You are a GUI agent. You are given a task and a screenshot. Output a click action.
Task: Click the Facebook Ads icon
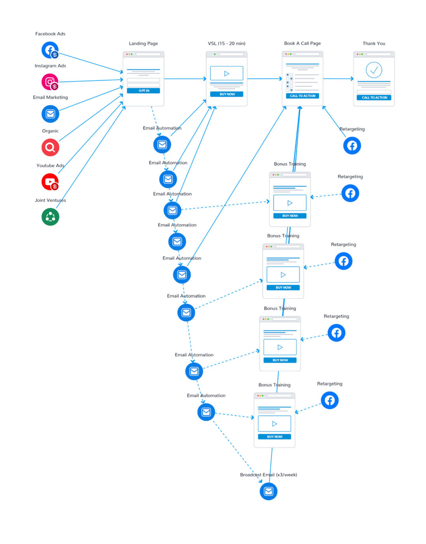[50, 50]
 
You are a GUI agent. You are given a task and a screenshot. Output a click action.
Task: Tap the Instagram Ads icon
[50, 82]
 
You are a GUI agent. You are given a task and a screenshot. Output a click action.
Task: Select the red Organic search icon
[50, 147]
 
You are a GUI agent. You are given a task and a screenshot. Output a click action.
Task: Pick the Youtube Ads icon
[50, 182]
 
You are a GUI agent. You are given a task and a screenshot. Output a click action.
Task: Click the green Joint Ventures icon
[50, 217]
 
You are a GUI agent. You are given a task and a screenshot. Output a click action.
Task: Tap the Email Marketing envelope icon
[50, 114]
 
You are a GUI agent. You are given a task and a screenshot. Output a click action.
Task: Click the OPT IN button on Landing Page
[143, 91]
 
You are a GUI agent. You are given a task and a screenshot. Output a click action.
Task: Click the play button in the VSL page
[227, 73]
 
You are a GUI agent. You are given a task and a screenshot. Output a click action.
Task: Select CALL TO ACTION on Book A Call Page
[303, 96]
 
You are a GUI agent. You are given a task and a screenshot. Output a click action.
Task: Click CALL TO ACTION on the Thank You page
[374, 98]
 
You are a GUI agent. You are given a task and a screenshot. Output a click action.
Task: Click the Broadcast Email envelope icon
[269, 492]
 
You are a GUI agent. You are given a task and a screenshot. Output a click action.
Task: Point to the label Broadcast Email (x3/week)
[269, 475]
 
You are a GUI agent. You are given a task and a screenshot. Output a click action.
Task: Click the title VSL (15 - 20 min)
[227, 43]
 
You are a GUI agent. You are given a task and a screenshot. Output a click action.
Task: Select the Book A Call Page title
[303, 43]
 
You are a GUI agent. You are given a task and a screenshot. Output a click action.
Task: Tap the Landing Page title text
[143, 43]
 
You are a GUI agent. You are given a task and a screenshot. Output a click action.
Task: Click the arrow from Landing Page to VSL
[185, 78]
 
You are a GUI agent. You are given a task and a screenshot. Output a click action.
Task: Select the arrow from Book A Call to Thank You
[338, 78]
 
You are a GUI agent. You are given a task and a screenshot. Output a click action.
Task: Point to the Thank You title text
[374, 43]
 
